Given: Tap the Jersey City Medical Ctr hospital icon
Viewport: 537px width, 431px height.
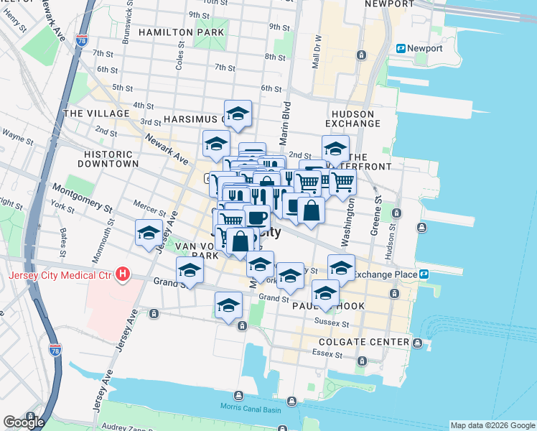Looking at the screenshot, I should tap(123, 274).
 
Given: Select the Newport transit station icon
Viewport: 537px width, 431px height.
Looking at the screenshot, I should tap(401, 49).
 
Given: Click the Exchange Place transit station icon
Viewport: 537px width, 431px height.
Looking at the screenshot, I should tap(424, 274).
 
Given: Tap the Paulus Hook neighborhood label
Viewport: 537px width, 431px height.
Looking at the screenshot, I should tap(328, 307).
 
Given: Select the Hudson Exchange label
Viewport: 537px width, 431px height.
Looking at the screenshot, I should tap(352, 119).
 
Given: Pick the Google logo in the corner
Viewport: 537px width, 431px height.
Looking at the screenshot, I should tap(23, 422).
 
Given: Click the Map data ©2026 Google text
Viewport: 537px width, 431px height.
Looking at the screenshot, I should tap(492, 425).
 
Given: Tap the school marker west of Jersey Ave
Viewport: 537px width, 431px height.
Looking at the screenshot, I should tap(149, 233).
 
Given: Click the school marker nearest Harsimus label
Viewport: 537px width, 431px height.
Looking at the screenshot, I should tap(238, 113).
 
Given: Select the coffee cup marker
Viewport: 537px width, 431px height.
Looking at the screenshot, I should tap(257, 217).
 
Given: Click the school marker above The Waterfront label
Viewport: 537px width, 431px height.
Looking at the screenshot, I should tap(335, 148).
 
